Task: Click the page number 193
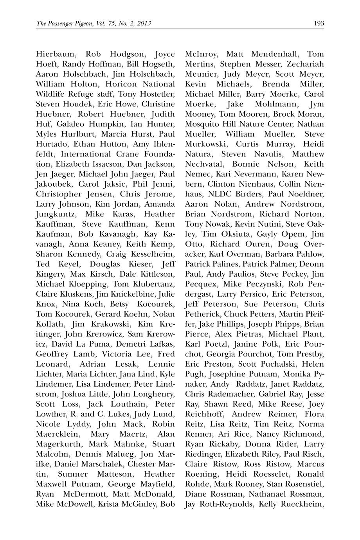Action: click(319, 23)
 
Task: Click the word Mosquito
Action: click(203, 124)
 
